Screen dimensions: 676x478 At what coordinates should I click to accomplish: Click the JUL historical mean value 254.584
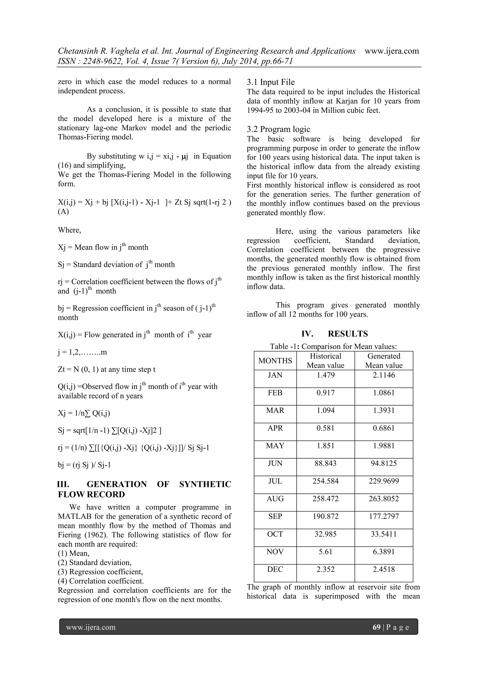325,481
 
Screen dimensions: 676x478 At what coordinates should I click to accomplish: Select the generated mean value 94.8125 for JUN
383,463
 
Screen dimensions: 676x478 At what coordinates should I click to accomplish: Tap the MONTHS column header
275,361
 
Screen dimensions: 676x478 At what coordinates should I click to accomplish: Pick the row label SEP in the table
275,516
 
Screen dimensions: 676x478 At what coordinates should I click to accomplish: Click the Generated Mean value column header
383,361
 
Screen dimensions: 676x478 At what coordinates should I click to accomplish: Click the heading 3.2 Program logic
278,129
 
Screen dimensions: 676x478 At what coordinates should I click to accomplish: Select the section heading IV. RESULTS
334,334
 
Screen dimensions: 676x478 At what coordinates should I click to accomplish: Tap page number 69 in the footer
376,627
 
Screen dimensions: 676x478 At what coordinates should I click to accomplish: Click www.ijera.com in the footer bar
91,627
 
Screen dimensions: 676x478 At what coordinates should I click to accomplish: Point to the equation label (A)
63,212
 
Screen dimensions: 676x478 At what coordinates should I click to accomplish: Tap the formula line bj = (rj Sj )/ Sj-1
84,465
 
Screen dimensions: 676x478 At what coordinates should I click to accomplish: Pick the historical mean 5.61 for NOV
325,552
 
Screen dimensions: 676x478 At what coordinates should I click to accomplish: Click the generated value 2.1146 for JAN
383,375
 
